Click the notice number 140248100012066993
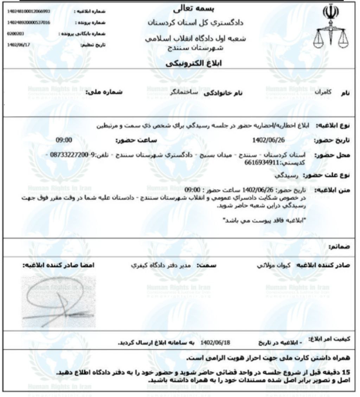pyautogui.click(x=29, y=11)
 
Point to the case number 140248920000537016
pyautogui.click(x=29, y=23)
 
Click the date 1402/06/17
pyautogui.click(x=17, y=45)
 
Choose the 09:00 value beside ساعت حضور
pyautogui.click(x=64, y=140)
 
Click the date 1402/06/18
pyautogui.click(x=215, y=342)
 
